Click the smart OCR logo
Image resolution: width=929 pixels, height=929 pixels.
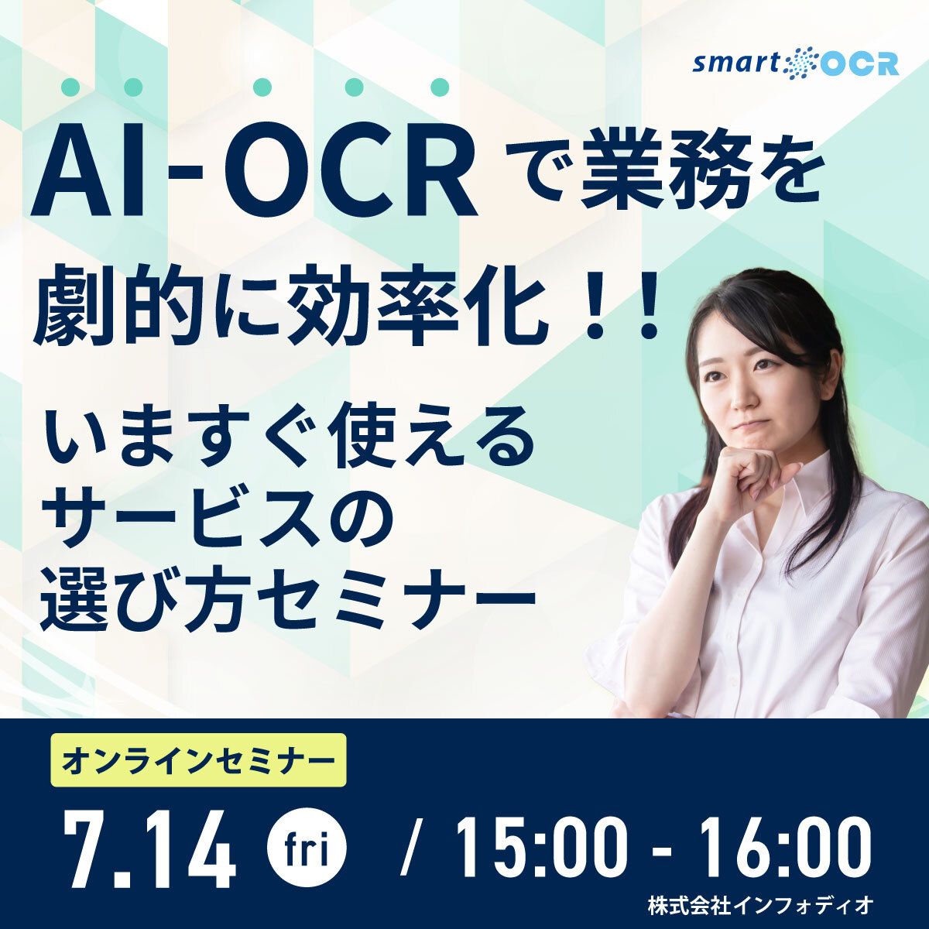(x=796, y=63)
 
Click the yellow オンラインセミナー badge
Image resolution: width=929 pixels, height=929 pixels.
(x=198, y=760)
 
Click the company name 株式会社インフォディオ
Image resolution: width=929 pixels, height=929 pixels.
(x=761, y=904)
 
